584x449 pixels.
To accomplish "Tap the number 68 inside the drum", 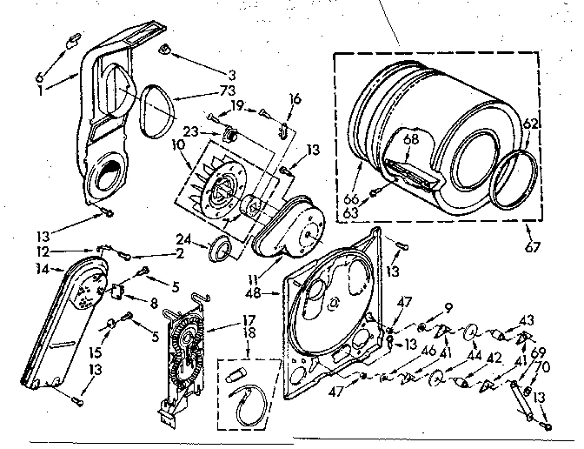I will [410, 137].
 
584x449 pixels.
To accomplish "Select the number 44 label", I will [475, 355].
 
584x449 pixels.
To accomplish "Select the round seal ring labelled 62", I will [512, 178].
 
